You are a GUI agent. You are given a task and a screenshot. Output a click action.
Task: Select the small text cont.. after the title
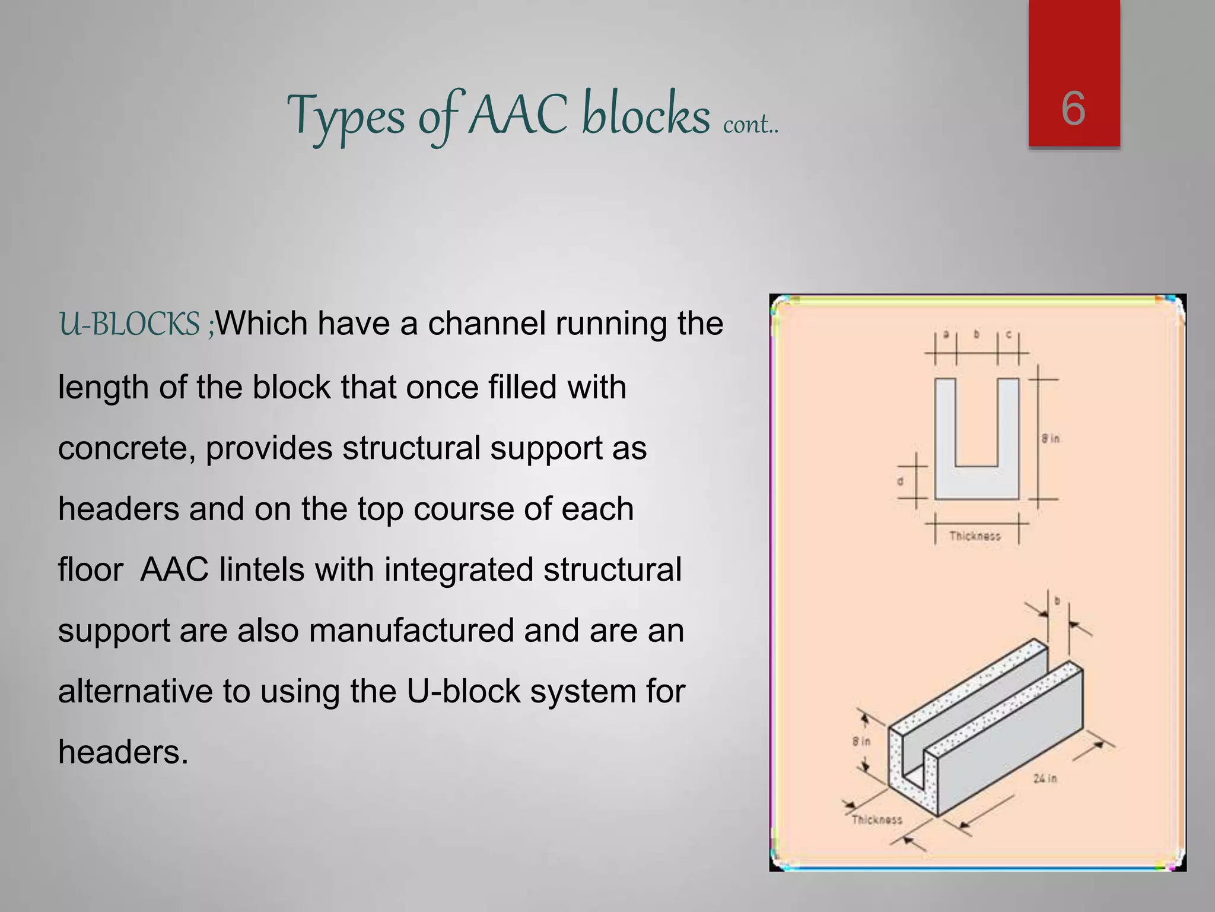coord(750,124)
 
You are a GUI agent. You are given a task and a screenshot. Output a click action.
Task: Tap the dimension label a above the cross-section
coord(946,335)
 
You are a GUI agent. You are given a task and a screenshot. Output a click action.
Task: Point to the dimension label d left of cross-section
coord(901,482)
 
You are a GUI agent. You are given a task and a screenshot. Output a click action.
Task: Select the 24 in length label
coord(1045,778)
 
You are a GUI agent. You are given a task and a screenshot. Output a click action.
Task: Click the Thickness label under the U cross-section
coord(975,536)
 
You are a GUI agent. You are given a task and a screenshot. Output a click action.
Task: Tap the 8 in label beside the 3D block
coord(861,742)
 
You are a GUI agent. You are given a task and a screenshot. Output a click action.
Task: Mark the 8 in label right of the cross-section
coord(1050,439)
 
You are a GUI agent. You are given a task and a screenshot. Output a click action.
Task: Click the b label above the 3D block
coord(1057,601)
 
